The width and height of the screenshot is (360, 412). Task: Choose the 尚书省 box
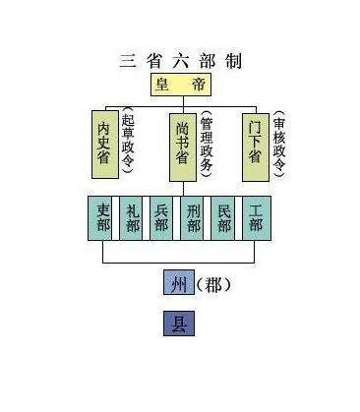point(182,147)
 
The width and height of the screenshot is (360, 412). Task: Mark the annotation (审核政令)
point(279,144)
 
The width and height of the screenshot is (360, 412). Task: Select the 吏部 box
point(103,218)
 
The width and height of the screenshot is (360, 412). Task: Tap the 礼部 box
point(134,218)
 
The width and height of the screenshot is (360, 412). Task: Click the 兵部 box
point(163,218)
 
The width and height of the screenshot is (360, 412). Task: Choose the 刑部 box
point(194,218)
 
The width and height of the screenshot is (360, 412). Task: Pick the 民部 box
point(224,218)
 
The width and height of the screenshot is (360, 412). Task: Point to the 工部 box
point(255,218)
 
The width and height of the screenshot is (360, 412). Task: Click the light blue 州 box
point(177,285)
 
